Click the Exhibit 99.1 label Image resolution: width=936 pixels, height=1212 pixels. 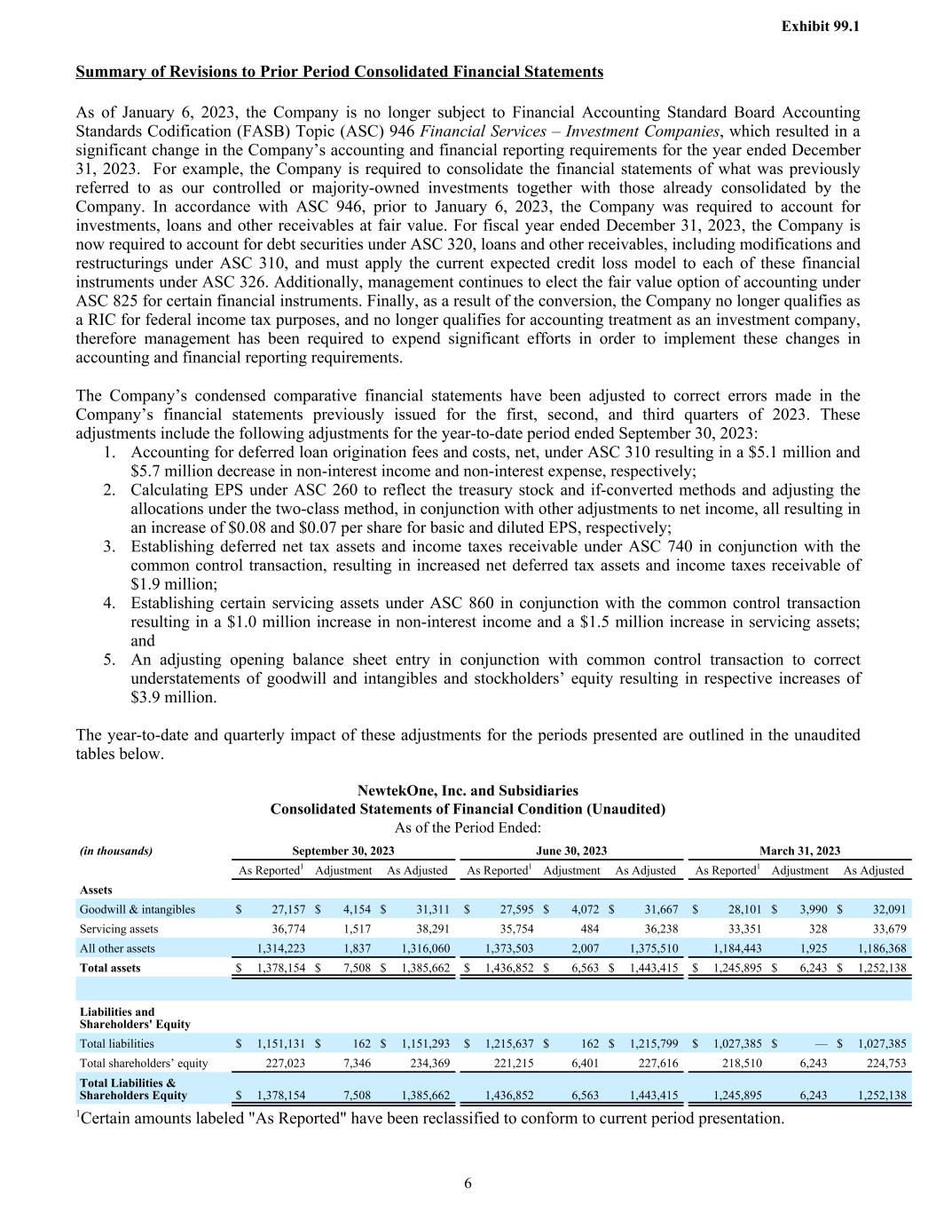coord(820,27)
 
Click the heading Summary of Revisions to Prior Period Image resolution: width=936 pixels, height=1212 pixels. coord(339,72)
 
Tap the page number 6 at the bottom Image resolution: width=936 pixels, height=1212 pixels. coord(468,1183)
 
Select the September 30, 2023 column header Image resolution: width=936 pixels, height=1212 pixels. coord(342,851)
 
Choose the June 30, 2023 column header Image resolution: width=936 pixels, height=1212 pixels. coord(571,851)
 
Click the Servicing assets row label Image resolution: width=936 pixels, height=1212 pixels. coord(119,929)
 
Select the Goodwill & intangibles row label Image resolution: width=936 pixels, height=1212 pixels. coord(138,909)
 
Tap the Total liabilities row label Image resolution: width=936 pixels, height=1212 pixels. coord(116,1044)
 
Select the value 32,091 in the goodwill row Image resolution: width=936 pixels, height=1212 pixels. coord(888,909)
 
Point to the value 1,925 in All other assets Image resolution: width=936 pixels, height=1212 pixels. coord(814,948)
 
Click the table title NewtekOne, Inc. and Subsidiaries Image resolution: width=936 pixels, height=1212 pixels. coord(468,790)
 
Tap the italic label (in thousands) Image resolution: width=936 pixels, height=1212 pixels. coord(116,851)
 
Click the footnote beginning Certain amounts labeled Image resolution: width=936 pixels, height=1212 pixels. coord(431,1118)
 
